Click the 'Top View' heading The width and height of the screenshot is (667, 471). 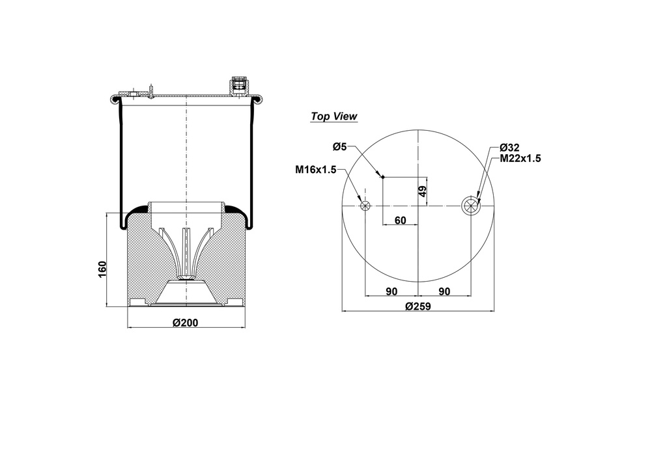(x=334, y=116)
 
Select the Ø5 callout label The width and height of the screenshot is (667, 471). (x=340, y=147)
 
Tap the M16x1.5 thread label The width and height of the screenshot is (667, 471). (x=316, y=170)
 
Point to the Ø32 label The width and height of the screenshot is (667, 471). (x=509, y=148)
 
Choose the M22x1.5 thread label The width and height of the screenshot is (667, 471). (x=520, y=159)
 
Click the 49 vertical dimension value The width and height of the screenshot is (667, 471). (x=422, y=191)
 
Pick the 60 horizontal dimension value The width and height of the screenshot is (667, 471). (x=401, y=221)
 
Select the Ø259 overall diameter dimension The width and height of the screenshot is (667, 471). (x=418, y=306)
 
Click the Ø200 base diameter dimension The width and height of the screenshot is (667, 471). (x=186, y=323)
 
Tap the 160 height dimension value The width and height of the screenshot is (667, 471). (x=102, y=270)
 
